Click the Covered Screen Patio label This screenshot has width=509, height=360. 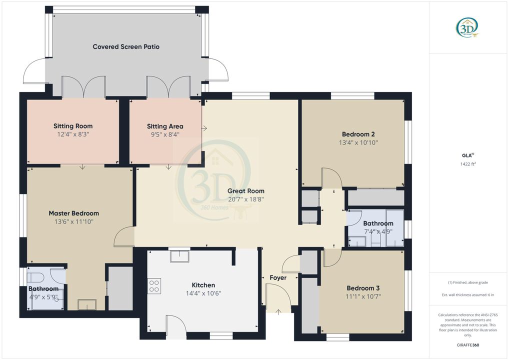click(126, 46)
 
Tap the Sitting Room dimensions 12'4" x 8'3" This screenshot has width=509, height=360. click(73, 134)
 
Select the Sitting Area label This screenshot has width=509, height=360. click(165, 126)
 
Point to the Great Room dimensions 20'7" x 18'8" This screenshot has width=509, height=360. click(245, 199)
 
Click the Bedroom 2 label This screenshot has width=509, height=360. click(358, 134)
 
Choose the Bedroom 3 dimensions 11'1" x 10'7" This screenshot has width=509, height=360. click(363, 296)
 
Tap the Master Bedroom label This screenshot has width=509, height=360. click(73, 213)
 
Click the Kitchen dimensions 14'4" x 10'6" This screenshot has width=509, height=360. click(203, 293)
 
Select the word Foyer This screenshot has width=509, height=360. click(278, 277)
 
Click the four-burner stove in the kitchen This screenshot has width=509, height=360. click(154, 286)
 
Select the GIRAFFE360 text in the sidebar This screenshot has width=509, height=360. click(468, 345)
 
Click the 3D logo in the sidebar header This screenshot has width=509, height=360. click(467, 27)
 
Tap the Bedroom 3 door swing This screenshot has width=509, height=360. click(331, 257)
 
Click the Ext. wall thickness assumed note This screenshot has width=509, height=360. click(468, 295)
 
